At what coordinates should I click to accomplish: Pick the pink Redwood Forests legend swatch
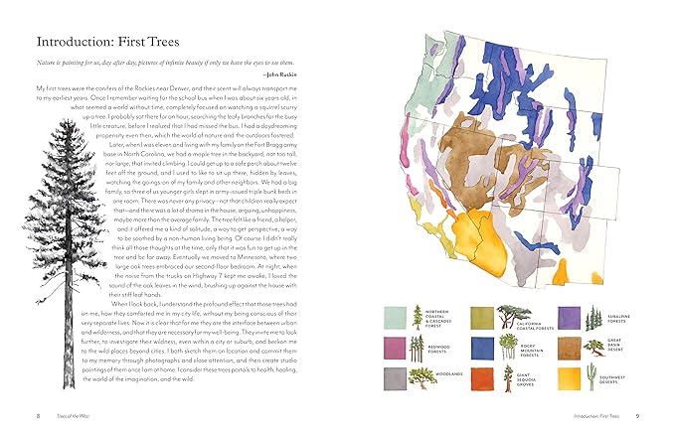pos(395,348)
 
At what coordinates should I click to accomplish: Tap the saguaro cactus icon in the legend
pos(591,375)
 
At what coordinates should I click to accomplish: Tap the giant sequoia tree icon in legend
pos(506,372)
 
